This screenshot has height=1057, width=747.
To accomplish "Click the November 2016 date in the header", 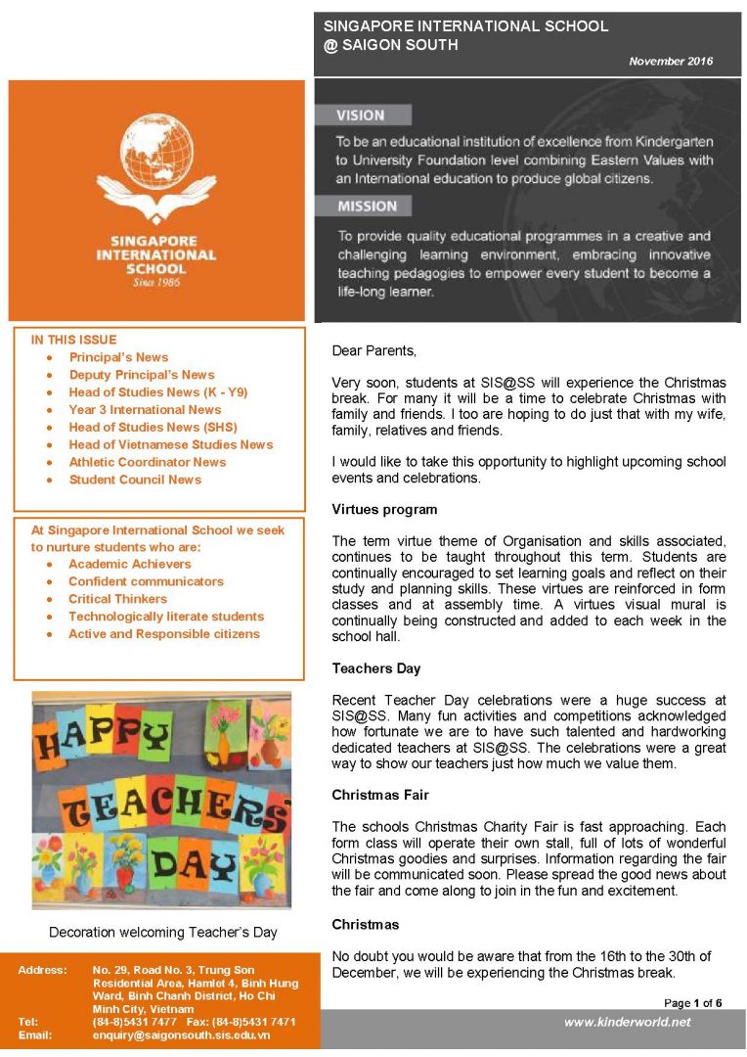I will (671, 61).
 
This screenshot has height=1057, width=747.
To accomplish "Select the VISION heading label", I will (361, 115).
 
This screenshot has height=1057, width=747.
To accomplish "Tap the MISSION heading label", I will (367, 207).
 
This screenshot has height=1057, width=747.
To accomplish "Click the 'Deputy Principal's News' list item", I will (142, 375).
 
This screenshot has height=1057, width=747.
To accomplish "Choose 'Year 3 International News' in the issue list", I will (145, 409).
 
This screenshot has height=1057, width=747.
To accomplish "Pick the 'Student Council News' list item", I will (135, 480).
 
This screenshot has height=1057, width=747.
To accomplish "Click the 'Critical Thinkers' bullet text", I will (117, 599).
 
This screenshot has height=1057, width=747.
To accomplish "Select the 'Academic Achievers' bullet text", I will (130, 564).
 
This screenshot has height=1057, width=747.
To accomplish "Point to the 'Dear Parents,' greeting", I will (373, 349).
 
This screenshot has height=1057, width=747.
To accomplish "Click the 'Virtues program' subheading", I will (384, 509).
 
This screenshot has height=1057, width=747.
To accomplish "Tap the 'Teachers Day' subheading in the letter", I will (376, 668).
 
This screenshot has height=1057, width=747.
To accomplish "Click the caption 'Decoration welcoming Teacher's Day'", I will (163, 932).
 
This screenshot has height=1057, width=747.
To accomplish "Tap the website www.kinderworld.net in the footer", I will (627, 1022).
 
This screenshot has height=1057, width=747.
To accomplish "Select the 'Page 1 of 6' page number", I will (692, 1003).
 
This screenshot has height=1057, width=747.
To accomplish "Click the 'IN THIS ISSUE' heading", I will (73, 340).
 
